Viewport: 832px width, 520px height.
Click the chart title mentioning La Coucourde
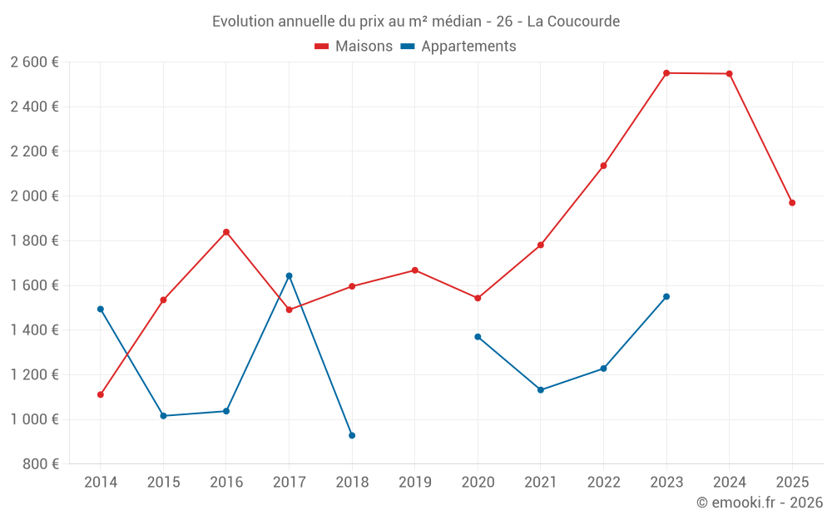415,22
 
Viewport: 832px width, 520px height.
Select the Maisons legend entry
354,47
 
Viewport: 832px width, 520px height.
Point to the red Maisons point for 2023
666,73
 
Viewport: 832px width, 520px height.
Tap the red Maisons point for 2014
101,394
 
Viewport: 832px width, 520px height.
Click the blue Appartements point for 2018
352,435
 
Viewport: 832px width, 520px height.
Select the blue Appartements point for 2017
290,275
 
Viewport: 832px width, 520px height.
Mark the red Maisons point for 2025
792,203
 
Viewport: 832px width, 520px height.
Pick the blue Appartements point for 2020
478,337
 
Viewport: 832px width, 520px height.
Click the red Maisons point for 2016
226,232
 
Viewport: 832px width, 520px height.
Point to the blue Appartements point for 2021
541,389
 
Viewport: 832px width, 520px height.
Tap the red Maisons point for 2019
415,270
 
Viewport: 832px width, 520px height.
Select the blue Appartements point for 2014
101,309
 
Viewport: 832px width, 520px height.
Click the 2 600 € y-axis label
34,62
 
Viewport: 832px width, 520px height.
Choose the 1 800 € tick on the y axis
34,240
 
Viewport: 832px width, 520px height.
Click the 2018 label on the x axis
352,483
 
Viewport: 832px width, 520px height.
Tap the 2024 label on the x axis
729,483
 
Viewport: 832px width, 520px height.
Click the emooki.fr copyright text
759,503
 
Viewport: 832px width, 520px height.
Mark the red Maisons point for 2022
603,166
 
